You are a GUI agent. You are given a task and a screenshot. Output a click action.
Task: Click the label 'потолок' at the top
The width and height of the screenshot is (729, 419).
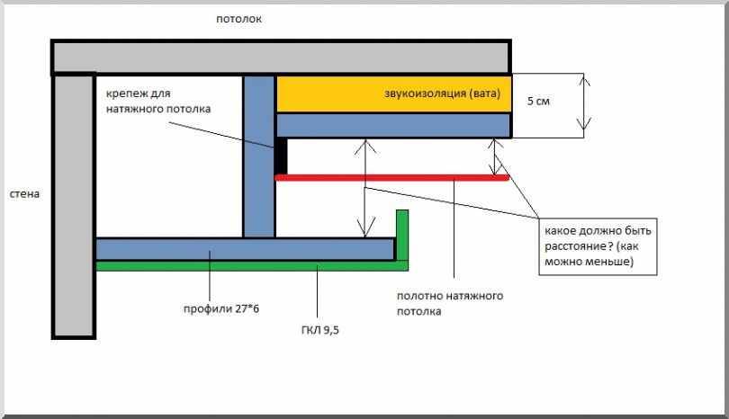pos(238,19)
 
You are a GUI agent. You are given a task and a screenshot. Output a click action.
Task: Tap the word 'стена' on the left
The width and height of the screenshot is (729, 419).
pos(23,193)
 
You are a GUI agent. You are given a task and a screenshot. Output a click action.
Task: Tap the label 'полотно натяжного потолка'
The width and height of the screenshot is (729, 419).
pos(450,304)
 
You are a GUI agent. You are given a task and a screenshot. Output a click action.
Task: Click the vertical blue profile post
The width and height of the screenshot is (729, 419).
pos(258,157)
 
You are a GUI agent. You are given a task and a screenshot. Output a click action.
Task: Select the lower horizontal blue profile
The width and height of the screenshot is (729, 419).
pos(243,249)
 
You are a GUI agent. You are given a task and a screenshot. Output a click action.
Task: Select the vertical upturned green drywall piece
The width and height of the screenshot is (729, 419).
pos(402,236)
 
